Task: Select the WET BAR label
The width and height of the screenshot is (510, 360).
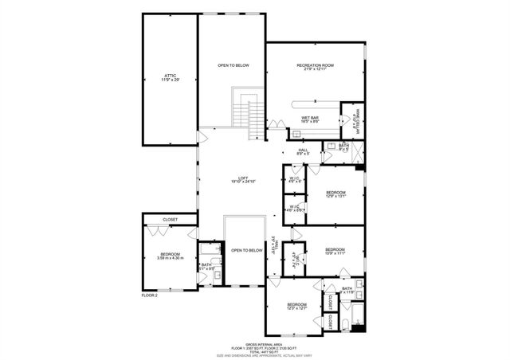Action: (x=310, y=119)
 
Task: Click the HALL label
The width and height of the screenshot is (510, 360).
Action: (x=303, y=151)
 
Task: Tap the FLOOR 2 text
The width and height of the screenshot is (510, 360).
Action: (x=150, y=295)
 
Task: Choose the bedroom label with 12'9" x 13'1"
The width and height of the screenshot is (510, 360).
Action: (x=335, y=194)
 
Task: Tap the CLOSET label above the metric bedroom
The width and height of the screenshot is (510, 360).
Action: (x=169, y=219)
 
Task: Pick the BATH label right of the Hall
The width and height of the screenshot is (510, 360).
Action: (x=343, y=147)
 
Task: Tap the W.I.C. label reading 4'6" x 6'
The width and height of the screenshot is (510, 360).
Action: (x=294, y=179)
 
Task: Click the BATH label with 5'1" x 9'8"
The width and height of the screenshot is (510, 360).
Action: (x=206, y=266)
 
